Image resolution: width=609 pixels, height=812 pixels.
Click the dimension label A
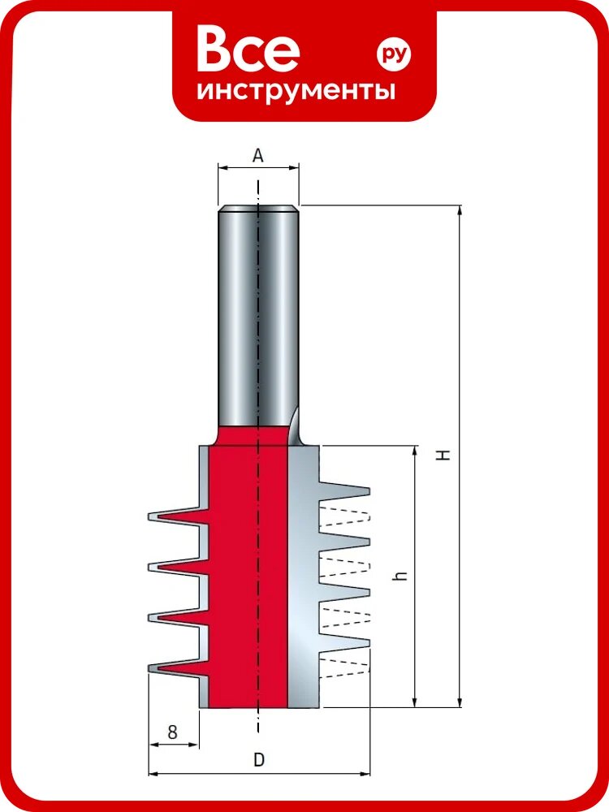pos(258,155)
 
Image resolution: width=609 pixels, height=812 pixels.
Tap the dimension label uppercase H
pos(443,455)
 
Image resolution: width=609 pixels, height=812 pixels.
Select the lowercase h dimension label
pos(400,575)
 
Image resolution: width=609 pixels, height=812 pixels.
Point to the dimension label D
pos(259,760)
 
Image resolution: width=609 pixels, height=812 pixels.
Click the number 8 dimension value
pos(172,732)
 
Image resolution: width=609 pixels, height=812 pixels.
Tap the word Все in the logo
pos(248,50)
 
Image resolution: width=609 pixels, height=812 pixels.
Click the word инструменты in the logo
pos(296,91)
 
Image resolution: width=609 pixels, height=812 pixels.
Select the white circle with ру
pos(394,53)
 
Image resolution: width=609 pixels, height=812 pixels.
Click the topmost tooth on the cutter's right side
pos(345,489)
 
